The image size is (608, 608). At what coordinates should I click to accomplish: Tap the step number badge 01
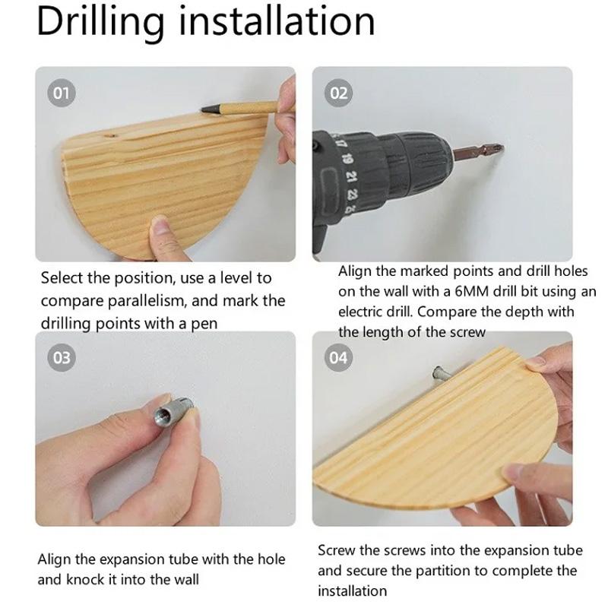click(62, 93)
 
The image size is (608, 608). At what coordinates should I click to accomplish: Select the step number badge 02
click(338, 93)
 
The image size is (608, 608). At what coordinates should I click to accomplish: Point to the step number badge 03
click(62, 357)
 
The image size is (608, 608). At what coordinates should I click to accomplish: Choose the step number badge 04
click(338, 357)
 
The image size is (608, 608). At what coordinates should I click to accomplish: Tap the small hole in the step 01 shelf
click(112, 136)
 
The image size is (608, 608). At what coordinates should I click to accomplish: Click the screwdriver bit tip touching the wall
click(500, 147)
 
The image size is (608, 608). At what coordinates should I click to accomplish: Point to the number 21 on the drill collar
click(351, 177)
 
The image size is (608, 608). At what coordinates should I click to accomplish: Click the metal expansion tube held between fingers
click(173, 411)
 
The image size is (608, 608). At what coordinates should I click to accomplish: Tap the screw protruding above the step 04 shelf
click(440, 373)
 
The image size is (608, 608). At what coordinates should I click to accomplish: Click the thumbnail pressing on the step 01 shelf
click(160, 227)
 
